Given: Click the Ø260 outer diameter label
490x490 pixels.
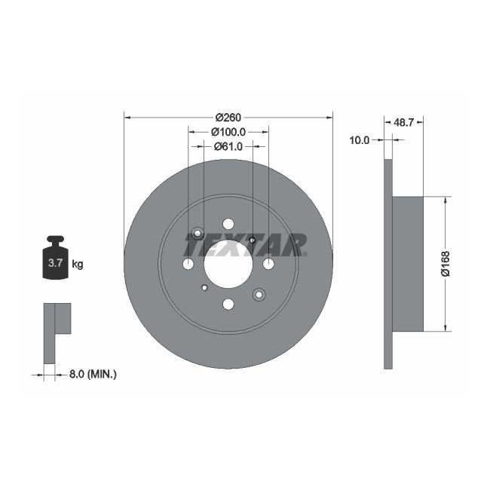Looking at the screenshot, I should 228,117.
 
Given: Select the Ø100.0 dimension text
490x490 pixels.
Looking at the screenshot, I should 228,131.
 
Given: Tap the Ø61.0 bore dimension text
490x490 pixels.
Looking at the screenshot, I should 228,146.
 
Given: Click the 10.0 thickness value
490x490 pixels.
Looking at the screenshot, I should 360,140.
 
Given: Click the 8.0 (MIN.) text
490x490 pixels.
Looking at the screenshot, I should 92,374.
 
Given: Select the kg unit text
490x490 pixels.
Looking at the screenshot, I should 77,264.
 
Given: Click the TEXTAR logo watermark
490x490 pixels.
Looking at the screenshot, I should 245,244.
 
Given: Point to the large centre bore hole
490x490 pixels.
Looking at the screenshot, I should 228,264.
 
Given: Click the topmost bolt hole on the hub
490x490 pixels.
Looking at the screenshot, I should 228,224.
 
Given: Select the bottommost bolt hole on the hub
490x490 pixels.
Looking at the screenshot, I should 228,304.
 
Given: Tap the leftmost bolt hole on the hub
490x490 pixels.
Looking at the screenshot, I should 188,264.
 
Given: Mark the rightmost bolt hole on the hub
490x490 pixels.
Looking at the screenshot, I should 268,264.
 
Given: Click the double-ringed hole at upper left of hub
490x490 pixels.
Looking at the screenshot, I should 198,233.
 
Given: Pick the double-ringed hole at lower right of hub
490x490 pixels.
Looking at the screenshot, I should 259,294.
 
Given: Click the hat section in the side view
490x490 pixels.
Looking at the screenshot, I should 408,263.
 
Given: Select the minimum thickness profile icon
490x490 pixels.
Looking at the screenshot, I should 57,332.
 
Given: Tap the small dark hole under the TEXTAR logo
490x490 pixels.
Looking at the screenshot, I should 252,240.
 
